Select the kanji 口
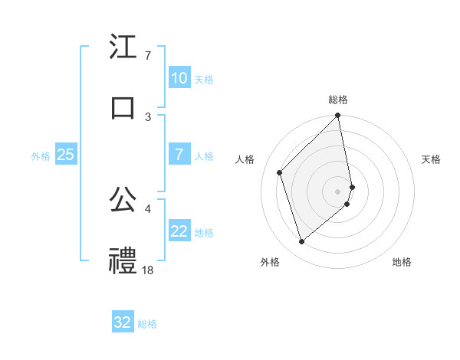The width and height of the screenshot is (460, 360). [123, 108]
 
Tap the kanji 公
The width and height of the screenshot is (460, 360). [123, 199]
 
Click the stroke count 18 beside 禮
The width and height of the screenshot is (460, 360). [148, 270]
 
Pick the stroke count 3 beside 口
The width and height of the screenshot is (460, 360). [148, 116]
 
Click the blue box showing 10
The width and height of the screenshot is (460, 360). [179, 78]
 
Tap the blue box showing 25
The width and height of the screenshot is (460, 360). [65, 155]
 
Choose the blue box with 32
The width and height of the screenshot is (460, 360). [123, 322]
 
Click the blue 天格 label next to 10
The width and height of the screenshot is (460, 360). [204, 79]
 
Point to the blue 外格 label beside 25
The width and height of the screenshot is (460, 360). [41, 155]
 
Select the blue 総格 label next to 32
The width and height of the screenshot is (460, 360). [147, 323]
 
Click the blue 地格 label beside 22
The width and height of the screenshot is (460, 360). [204, 233]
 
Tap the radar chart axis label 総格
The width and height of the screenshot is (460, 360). [338, 100]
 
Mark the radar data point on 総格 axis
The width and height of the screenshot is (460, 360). [338, 116]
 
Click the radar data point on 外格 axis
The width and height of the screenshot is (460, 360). [301, 242]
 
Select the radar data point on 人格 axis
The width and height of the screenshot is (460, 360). [280, 172]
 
